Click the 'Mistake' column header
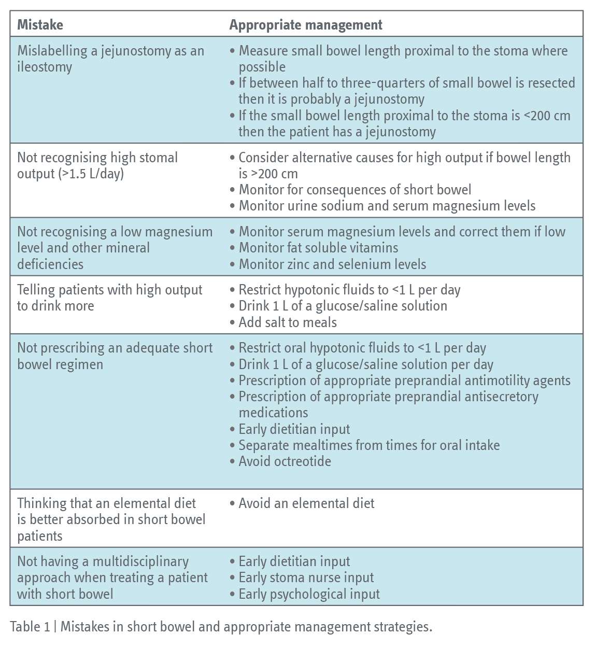[40, 24]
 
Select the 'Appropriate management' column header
[306, 24]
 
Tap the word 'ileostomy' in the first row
[45, 67]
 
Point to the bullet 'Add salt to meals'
[288, 322]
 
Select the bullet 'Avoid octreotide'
[285, 461]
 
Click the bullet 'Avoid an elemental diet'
[306, 503]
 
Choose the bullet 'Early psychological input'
[309, 594]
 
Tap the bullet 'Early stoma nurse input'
[306, 577]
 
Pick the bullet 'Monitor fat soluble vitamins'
[318, 248]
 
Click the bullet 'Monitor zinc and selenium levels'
[332, 264]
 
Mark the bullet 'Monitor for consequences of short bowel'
[355, 190]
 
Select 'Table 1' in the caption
[30, 627]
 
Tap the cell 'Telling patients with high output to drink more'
[109, 298]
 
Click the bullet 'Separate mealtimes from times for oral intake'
[369, 445]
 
